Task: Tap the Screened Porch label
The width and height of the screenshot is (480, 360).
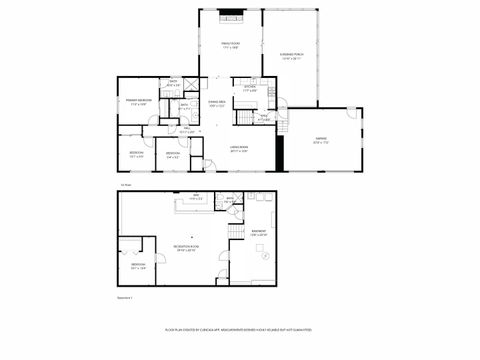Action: click(291, 58)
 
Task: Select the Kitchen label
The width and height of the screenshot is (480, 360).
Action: click(250, 89)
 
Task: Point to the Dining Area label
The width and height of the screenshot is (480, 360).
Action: click(217, 103)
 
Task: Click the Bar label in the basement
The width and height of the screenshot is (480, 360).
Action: click(196, 198)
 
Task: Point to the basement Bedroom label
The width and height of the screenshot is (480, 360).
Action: click(137, 265)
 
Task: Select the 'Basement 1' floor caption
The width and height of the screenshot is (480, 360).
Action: click(127, 297)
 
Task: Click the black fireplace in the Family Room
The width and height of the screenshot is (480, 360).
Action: click(230, 15)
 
